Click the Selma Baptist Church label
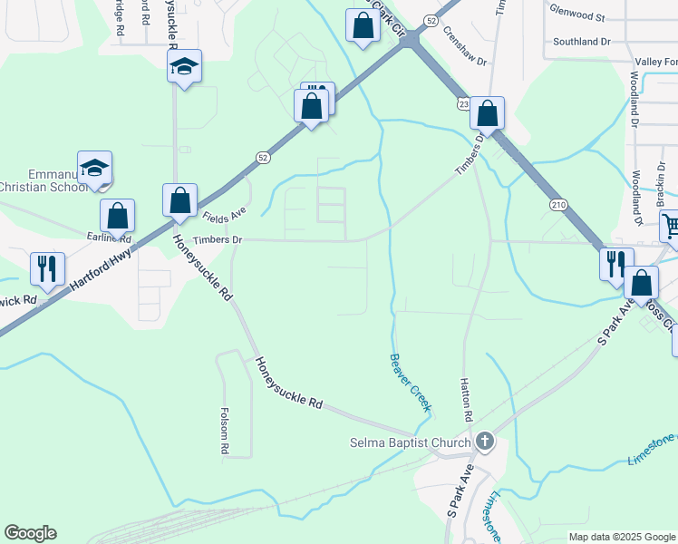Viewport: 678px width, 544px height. point(412,443)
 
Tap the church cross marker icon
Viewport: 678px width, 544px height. point(485,442)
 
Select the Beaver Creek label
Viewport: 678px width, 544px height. point(411,382)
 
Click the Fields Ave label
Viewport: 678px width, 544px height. point(225,216)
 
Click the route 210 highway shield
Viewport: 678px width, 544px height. point(557,206)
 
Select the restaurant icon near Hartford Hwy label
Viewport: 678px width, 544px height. point(45,267)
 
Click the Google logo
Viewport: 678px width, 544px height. point(30,533)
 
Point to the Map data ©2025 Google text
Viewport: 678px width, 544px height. point(621,537)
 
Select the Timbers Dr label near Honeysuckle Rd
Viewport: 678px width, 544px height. point(218,239)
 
